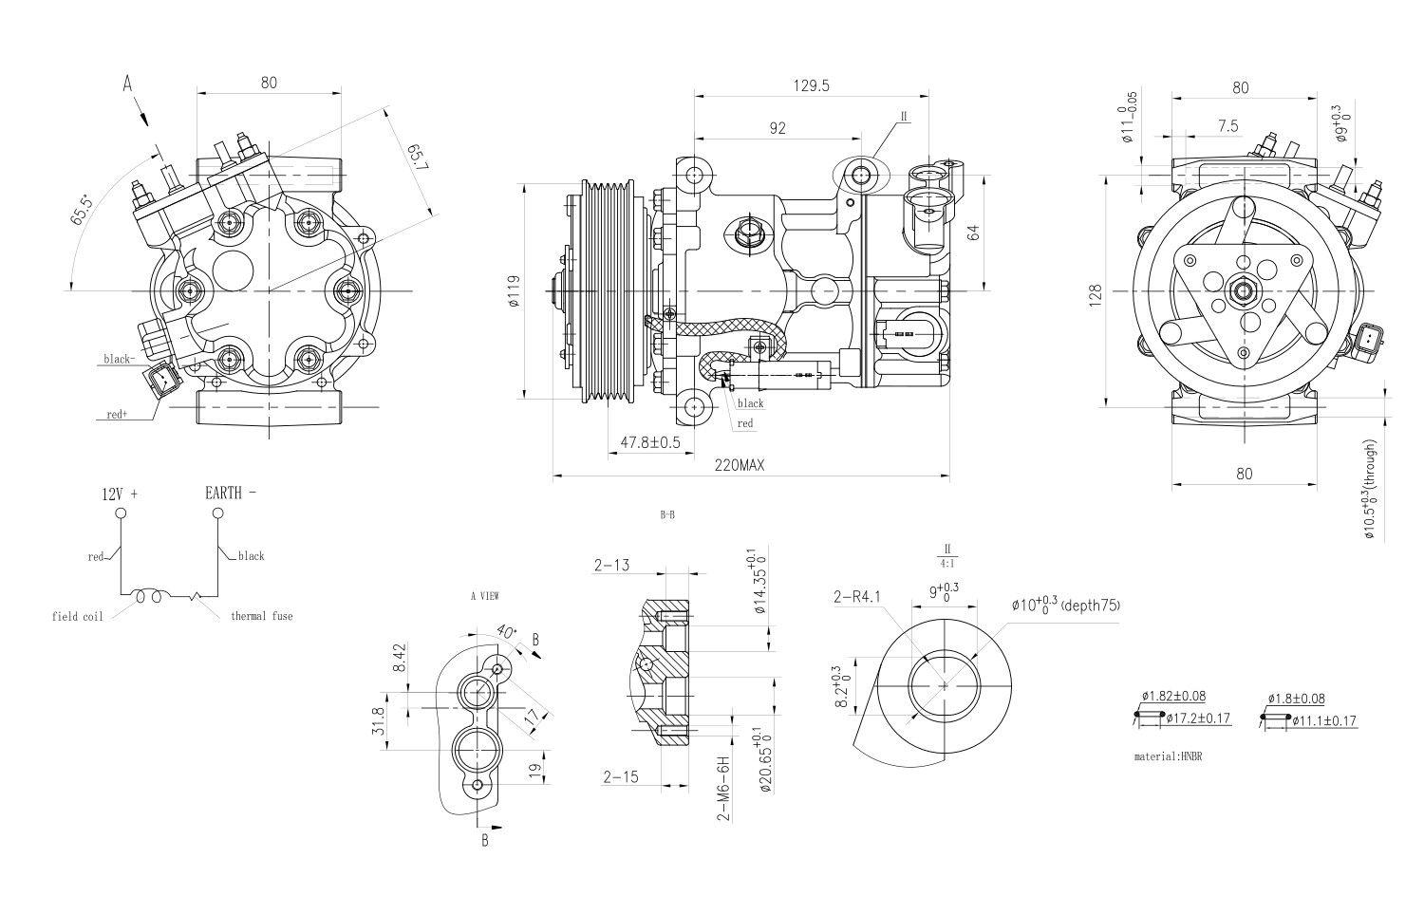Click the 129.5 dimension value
(x=811, y=85)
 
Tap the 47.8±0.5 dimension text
(x=650, y=442)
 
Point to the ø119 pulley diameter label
(x=514, y=292)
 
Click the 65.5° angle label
(x=84, y=210)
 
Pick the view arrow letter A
(x=127, y=84)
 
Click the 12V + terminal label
(x=120, y=494)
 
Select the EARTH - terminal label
(x=231, y=493)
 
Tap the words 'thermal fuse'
(x=262, y=616)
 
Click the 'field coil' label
(x=77, y=616)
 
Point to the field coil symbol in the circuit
(x=152, y=597)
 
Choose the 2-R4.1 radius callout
(x=857, y=597)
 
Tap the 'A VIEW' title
(x=484, y=596)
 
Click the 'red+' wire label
(x=117, y=415)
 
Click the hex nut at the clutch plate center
(x=1241, y=290)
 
